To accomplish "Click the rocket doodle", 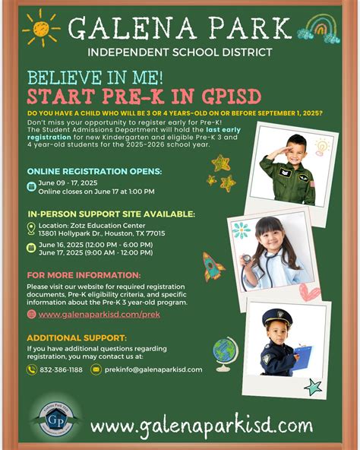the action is pos(212,266).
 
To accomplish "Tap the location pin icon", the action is pos(31,228).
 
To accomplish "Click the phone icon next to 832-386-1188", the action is pos(32,369).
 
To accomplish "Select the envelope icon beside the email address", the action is pos(96,369).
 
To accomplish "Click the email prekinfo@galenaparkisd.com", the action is pos(153,369).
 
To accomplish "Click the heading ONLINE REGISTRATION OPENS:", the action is pos(94,171).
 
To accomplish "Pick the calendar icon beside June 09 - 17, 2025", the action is pos(31,186).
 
